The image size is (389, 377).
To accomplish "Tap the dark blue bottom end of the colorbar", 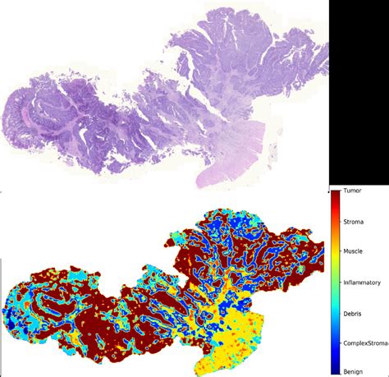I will [336, 370].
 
